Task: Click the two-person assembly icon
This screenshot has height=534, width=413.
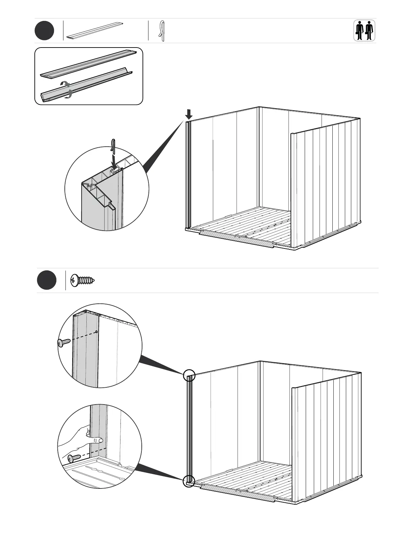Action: click(364, 31)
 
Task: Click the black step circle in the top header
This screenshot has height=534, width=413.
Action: click(44, 31)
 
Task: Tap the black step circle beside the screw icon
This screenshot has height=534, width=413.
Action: click(47, 280)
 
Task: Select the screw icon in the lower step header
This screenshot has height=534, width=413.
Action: click(83, 280)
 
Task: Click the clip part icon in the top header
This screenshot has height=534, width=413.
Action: click(162, 31)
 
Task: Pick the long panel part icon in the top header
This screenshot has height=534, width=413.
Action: click(94, 31)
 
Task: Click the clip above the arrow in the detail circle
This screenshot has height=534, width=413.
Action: click(114, 144)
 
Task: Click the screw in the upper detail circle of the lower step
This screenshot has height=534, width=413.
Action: click(64, 343)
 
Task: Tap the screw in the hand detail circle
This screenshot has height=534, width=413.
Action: click(74, 458)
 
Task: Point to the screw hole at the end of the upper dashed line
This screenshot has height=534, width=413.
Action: click(97, 332)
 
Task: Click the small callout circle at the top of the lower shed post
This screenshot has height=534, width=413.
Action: click(189, 375)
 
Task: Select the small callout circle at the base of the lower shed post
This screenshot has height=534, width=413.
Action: click(189, 481)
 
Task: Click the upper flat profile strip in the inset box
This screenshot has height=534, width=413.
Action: click(89, 63)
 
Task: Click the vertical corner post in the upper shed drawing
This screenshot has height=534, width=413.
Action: click(188, 174)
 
